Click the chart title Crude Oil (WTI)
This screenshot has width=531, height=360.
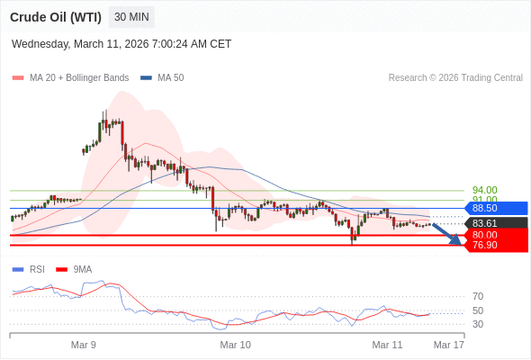tap(56, 17)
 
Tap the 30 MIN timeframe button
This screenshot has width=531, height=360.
tap(132, 17)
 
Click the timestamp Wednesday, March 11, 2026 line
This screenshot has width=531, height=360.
tap(121, 43)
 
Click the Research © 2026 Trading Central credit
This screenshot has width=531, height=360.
tap(455, 78)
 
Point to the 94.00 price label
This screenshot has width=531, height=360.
tap(484, 191)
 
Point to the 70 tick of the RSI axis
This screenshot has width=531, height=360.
tap(478, 296)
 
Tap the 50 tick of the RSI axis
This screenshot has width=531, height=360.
tap(478, 310)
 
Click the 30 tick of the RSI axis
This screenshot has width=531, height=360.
tap(478, 324)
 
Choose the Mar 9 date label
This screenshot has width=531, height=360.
tap(84, 345)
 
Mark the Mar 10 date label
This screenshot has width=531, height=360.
tap(236, 345)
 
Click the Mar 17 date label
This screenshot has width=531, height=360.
tap(448, 345)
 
